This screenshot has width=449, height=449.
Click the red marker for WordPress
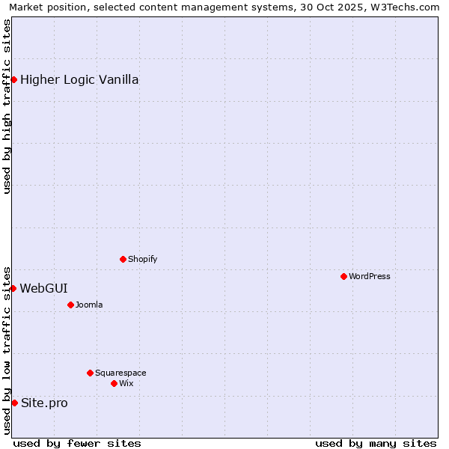tap(343, 276)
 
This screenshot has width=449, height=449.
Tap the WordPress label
tap(370, 276)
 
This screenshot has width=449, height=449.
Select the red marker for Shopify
tap(123, 259)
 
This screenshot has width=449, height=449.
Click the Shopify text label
tap(143, 259)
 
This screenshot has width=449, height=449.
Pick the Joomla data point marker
tap(70, 305)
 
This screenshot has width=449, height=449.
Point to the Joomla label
tap(89, 305)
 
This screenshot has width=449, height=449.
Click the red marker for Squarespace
tap(90, 373)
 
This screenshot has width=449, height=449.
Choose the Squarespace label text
tap(120, 373)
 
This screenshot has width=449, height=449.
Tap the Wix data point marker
tap(114, 383)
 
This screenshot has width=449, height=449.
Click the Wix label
tap(126, 383)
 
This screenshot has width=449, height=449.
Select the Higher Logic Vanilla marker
tap(13, 79)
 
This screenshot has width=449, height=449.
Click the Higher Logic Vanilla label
tap(79, 80)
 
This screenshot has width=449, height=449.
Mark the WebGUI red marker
tap(13, 288)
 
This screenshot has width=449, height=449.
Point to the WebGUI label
tap(43, 288)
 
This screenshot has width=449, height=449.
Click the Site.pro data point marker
tap(14, 403)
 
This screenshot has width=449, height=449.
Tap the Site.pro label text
tap(44, 403)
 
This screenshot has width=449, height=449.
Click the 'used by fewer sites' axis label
tap(77, 443)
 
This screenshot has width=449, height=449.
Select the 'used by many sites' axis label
tap(376, 443)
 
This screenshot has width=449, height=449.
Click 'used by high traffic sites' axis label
tap(7, 106)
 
